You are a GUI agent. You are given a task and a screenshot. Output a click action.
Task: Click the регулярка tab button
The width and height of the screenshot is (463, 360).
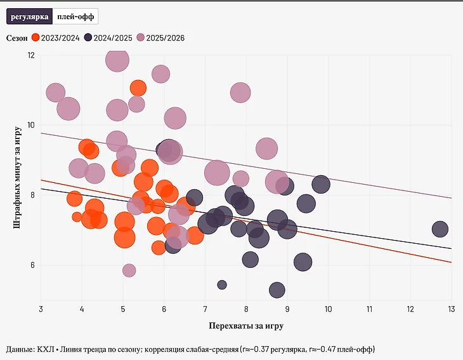29,17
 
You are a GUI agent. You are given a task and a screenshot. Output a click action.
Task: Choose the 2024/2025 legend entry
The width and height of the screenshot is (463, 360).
108,38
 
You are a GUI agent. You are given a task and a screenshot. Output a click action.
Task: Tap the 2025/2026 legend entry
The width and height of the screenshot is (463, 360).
161,38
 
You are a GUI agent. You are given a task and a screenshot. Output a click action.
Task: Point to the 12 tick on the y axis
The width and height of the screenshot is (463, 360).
31,55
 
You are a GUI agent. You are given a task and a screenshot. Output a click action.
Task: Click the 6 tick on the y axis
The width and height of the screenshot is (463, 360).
32,265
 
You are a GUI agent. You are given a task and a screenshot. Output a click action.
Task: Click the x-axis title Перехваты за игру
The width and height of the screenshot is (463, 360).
245,326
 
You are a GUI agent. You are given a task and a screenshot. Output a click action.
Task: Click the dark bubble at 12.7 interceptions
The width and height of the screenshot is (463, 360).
440,229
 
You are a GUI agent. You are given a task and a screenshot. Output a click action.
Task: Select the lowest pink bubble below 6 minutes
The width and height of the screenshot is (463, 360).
129,270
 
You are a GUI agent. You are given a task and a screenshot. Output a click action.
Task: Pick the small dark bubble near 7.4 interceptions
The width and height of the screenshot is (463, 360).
222,284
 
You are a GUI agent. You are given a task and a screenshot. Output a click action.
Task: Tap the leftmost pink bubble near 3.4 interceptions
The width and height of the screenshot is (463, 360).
56,93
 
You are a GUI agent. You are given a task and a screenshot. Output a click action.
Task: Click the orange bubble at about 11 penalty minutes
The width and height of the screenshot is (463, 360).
138,88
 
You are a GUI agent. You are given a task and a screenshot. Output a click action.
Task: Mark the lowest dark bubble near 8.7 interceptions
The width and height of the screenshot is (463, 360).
277,290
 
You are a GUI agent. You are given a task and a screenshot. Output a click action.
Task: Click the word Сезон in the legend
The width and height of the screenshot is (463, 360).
17,38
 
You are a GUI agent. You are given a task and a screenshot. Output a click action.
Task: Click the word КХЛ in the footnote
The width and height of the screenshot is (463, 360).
46,349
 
